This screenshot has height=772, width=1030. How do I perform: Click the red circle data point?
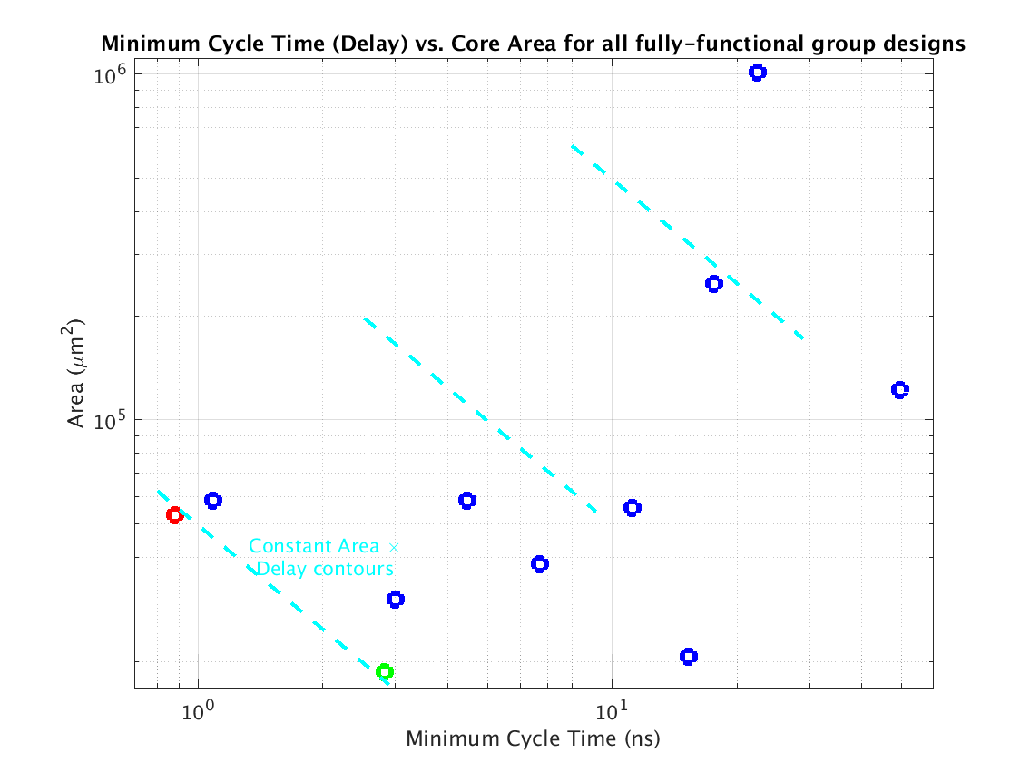tap(174, 515)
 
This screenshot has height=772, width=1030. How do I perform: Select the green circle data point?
tap(385, 671)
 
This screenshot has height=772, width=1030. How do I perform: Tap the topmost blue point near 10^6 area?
tap(757, 73)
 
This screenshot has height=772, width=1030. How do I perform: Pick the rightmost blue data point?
tap(899, 390)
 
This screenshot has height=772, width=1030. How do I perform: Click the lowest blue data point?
tap(688, 657)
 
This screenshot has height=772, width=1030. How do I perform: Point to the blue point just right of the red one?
tap(213, 500)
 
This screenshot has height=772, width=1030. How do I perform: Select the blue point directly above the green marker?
tap(395, 599)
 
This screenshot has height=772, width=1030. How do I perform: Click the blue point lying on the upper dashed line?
tap(713, 284)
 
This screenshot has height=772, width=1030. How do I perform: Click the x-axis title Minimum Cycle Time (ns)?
tap(533, 738)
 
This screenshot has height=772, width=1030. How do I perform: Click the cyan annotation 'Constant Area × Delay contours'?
tap(324, 558)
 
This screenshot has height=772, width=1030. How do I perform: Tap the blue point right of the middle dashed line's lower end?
tap(633, 507)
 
